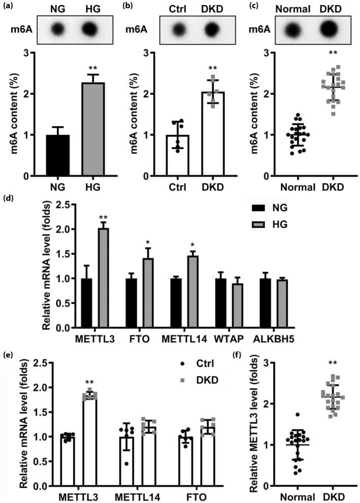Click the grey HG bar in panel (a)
coord(89,129)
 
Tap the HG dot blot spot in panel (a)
coord(89,28)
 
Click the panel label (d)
coord(8,197)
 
